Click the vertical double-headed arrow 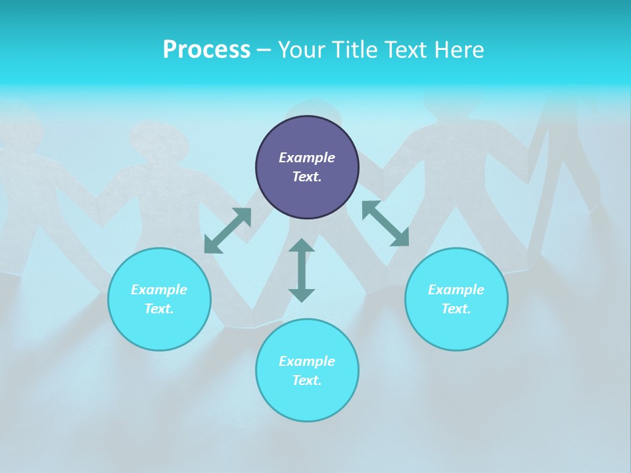pyautogui.click(x=302, y=270)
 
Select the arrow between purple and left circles pyautogui.click(x=227, y=231)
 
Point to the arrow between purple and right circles pyautogui.click(x=385, y=223)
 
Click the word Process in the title pyautogui.click(x=206, y=50)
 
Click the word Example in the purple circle pyautogui.click(x=307, y=158)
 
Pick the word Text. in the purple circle pyautogui.click(x=307, y=177)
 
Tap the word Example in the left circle pyautogui.click(x=159, y=290)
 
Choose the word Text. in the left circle pyautogui.click(x=159, y=309)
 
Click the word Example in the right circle pyautogui.click(x=456, y=290)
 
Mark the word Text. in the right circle pyautogui.click(x=456, y=309)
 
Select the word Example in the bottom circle pyautogui.click(x=307, y=361)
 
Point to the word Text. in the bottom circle pyautogui.click(x=307, y=380)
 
